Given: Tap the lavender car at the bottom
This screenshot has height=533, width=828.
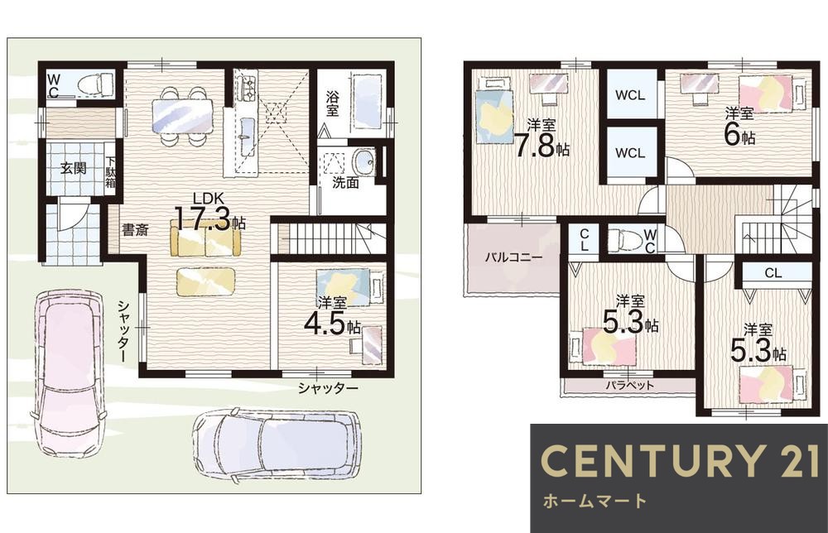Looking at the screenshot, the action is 278,444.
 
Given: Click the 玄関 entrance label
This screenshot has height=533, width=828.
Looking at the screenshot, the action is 73,169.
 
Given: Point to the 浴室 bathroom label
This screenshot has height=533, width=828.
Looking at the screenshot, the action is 332,104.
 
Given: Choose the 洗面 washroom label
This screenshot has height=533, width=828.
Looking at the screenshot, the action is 346,183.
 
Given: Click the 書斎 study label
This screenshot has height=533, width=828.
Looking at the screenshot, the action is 135,230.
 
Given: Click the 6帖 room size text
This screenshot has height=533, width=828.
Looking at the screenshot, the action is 739,133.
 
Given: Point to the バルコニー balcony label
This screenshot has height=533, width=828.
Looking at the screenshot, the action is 513,258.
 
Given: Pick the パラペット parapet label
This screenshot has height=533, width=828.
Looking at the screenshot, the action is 629,385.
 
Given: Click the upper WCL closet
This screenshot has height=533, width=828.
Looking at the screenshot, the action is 630,95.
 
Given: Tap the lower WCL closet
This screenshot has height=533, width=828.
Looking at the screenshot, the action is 630,153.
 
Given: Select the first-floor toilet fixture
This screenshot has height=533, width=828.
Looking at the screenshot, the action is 95,84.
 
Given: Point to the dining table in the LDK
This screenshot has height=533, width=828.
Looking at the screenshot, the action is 182,116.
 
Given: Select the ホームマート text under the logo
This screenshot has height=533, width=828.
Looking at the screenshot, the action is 594,501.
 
